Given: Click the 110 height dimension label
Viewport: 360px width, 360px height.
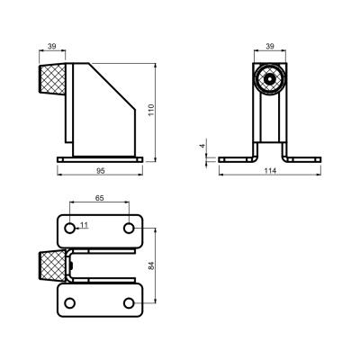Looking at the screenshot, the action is (x=151, y=110).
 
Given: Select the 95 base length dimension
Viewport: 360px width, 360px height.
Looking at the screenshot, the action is (x=100, y=171).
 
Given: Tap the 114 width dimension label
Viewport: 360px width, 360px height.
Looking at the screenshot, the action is (x=270, y=171).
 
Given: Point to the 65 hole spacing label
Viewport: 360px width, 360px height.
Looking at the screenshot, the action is (x=100, y=198).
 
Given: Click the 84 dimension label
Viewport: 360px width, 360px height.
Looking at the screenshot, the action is (x=151, y=265).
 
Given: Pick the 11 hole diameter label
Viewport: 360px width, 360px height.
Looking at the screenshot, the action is (x=85, y=225).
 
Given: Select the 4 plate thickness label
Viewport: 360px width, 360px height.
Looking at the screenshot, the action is (x=203, y=146).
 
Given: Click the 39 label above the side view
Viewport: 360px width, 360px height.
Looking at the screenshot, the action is (x=52, y=46).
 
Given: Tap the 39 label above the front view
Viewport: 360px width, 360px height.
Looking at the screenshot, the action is (x=270, y=46).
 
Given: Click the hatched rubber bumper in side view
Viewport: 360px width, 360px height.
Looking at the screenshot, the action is (x=52, y=78).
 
